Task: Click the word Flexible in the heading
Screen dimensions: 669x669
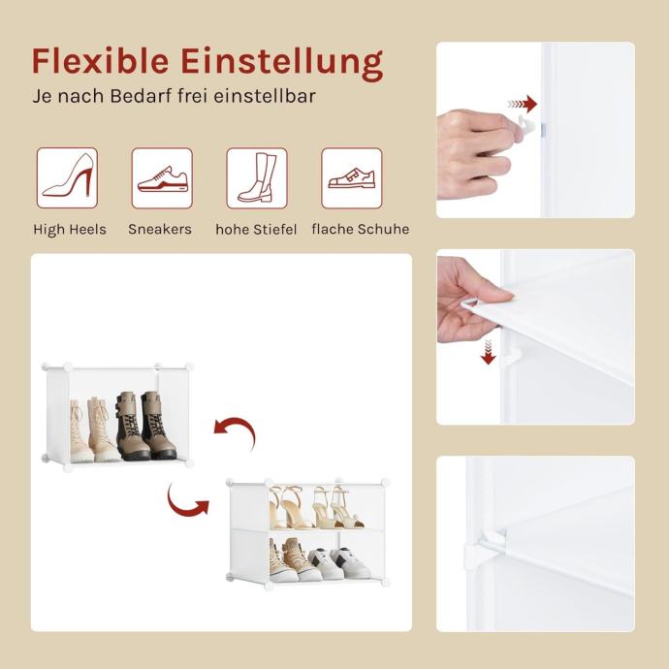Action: pos(100,60)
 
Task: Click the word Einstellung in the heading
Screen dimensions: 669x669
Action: pos(282,63)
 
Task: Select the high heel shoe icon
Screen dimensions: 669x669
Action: pos(68,178)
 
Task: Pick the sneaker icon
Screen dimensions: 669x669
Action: pos(162,178)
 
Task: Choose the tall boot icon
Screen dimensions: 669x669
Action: pos(257,178)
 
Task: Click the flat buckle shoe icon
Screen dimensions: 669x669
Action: pos(352,178)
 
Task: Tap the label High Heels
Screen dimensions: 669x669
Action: pos(70,230)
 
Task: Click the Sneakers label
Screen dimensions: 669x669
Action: pos(160,229)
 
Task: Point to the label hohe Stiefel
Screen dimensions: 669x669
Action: pos(256,230)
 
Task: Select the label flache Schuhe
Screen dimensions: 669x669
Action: pos(361,229)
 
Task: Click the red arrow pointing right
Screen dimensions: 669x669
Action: pos(523,104)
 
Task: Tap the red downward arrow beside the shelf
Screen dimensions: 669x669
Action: pos(488,352)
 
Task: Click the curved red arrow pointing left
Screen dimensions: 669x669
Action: pos(235,430)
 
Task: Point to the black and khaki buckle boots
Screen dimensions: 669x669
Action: pos(145,426)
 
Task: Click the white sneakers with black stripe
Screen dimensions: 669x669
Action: pos(339,562)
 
